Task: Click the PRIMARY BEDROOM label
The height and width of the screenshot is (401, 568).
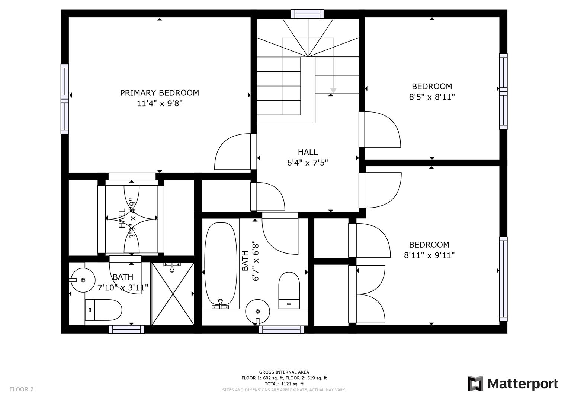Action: (x=159, y=93)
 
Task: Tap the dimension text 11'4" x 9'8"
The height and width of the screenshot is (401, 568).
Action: (x=159, y=104)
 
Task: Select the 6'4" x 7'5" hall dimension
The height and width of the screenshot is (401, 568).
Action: (x=307, y=163)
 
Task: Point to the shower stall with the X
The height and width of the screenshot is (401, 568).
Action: (x=173, y=293)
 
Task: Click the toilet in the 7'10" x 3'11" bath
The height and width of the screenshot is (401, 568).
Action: (x=103, y=310)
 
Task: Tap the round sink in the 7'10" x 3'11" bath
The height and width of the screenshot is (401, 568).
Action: (x=83, y=280)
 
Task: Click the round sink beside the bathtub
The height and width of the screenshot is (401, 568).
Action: (x=257, y=311)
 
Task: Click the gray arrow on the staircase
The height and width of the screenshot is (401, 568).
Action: (x=333, y=90)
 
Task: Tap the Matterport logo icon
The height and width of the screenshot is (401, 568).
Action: (x=475, y=384)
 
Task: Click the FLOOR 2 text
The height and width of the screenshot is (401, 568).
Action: (x=21, y=389)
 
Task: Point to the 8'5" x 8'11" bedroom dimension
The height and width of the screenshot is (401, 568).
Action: (x=431, y=97)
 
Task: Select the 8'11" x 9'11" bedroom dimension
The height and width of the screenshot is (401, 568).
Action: (x=429, y=255)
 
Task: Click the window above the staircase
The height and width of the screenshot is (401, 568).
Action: (x=307, y=14)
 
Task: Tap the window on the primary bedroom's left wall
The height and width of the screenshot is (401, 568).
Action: (x=65, y=99)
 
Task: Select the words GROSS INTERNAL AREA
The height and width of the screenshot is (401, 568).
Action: (x=284, y=372)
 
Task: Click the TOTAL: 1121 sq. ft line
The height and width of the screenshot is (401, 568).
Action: (x=284, y=384)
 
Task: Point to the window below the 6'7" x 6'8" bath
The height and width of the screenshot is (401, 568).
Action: (x=281, y=329)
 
